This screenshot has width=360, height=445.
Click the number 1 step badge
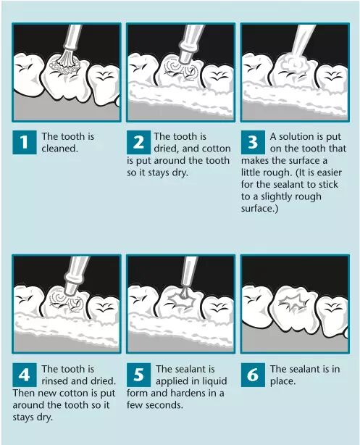[x=25, y=142]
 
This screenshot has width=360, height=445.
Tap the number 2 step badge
[x=138, y=142]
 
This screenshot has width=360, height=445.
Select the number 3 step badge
[x=253, y=142]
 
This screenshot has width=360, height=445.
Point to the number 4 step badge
[x=25, y=375]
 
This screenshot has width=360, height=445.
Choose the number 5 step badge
[x=138, y=375]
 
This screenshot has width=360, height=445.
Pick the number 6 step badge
[x=253, y=375]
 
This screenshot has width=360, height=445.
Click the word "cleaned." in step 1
[x=59, y=149]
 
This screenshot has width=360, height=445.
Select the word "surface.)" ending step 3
[x=259, y=209]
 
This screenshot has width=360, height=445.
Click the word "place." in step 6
[x=282, y=381]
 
